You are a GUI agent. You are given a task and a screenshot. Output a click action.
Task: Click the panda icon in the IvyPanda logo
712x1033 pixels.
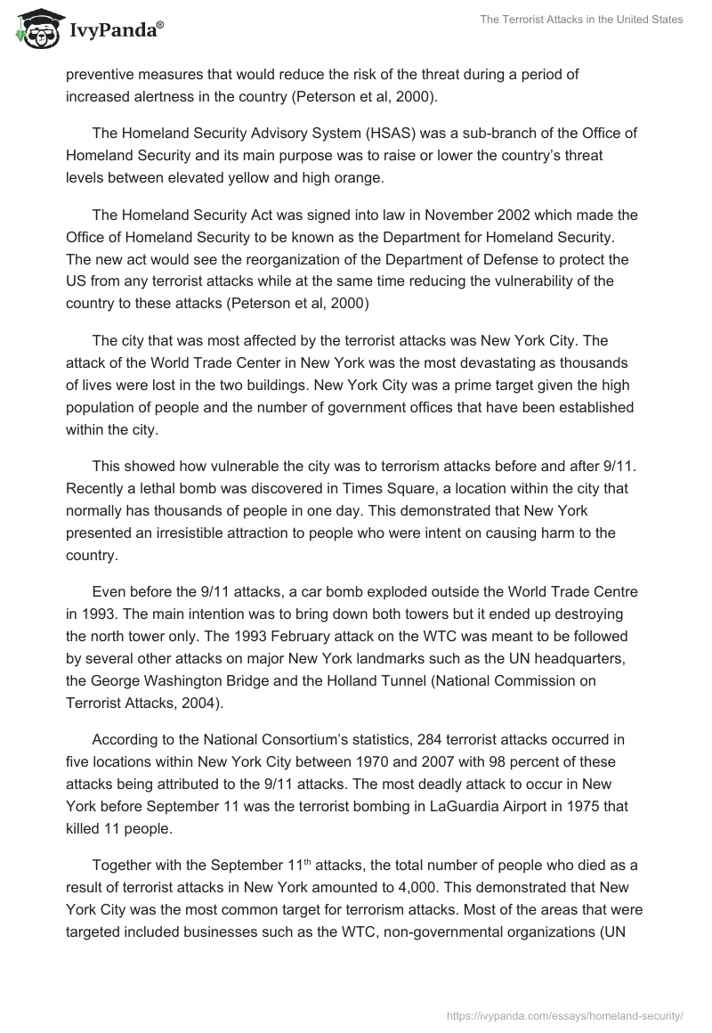pos(36,29)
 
